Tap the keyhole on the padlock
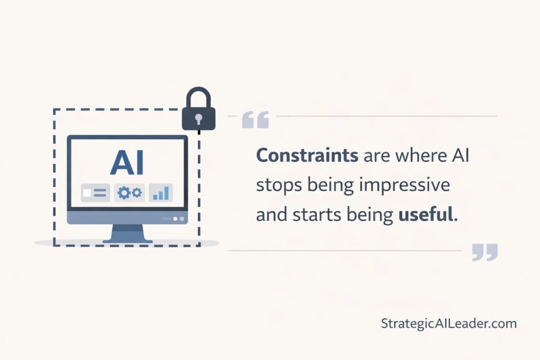click(x=199, y=119)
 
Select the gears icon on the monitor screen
click(x=129, y=193)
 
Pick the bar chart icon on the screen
click(x=161, y=193)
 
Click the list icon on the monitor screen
click(x=95, y=193)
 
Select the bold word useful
click(x=425, y=215)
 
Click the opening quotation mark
click(x=255, y=120)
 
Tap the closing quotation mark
click(x=485, y=252)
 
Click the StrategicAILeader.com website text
click(x=449, y=324)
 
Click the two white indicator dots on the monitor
click(x=179, y=218)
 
